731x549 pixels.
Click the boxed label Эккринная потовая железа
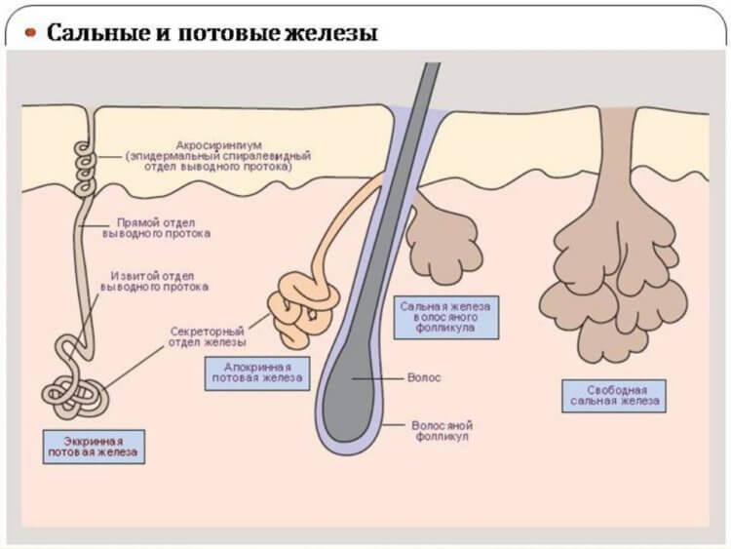[95, 446]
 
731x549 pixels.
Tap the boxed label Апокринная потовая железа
[251, 373]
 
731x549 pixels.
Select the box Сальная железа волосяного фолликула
[445, 318]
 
